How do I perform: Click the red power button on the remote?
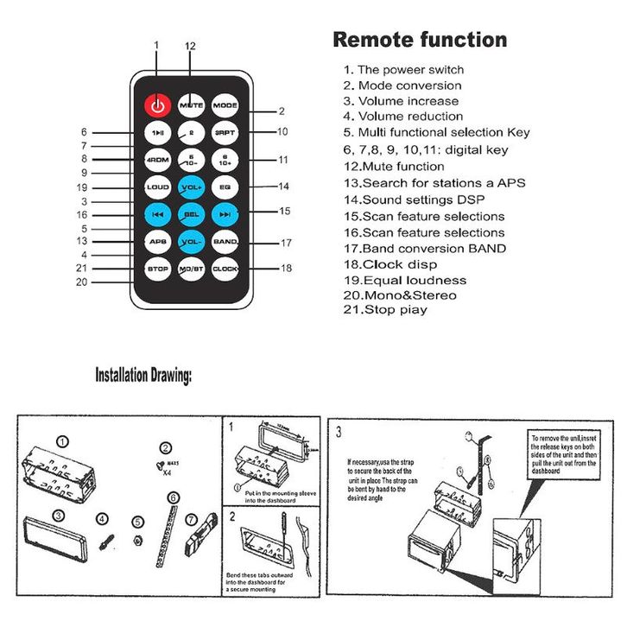tap(156, 105)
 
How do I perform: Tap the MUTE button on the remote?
tap(191, 105)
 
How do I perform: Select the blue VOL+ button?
tap(191, 187)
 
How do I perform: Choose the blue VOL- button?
tap(191, 241)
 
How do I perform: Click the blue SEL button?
tap(191, 213)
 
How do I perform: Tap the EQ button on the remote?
tap(225, 187)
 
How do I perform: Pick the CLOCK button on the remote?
tap(225, 269)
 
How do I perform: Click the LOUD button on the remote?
tap(156, 187)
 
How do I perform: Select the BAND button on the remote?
tap(225, 241)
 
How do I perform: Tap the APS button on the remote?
tap(156, 241)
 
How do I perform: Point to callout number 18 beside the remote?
tap(287, 269)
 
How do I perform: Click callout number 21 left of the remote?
tap(81, 269)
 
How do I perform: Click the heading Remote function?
tap(420, 40)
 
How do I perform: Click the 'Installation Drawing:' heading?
tap(143, 376)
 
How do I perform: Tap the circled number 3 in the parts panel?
tap(58, 515)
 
